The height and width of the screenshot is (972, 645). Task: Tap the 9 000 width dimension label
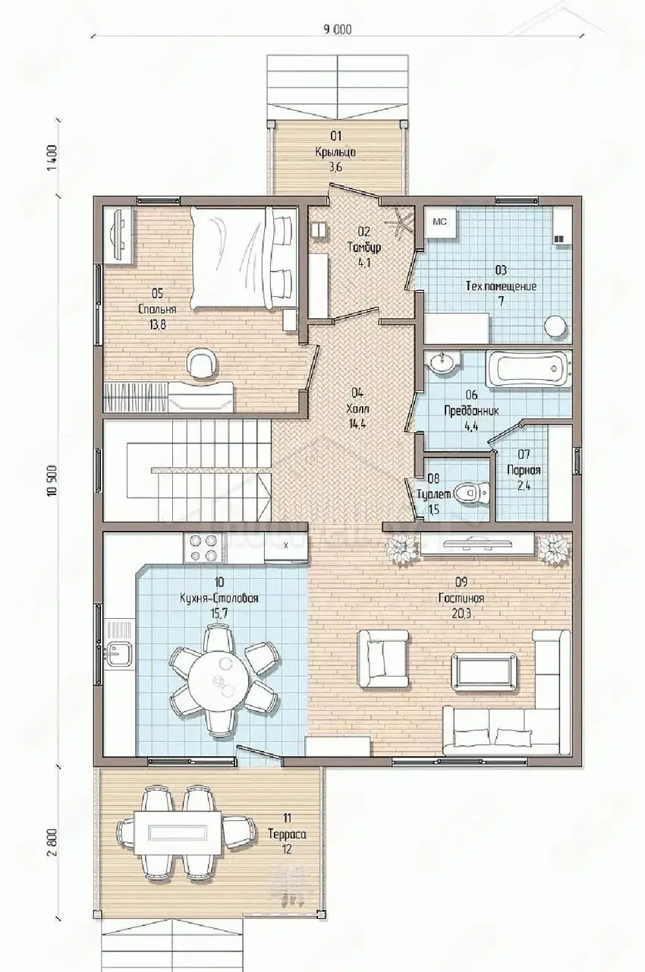337,30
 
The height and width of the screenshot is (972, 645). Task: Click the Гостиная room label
461,598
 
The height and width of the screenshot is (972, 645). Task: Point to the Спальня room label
157,309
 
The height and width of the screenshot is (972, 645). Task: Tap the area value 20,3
461,614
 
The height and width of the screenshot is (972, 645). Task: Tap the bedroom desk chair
202,363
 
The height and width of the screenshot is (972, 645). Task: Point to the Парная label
524,470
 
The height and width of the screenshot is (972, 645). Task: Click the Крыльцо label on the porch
335,153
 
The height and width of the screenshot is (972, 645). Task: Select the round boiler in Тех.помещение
555,326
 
